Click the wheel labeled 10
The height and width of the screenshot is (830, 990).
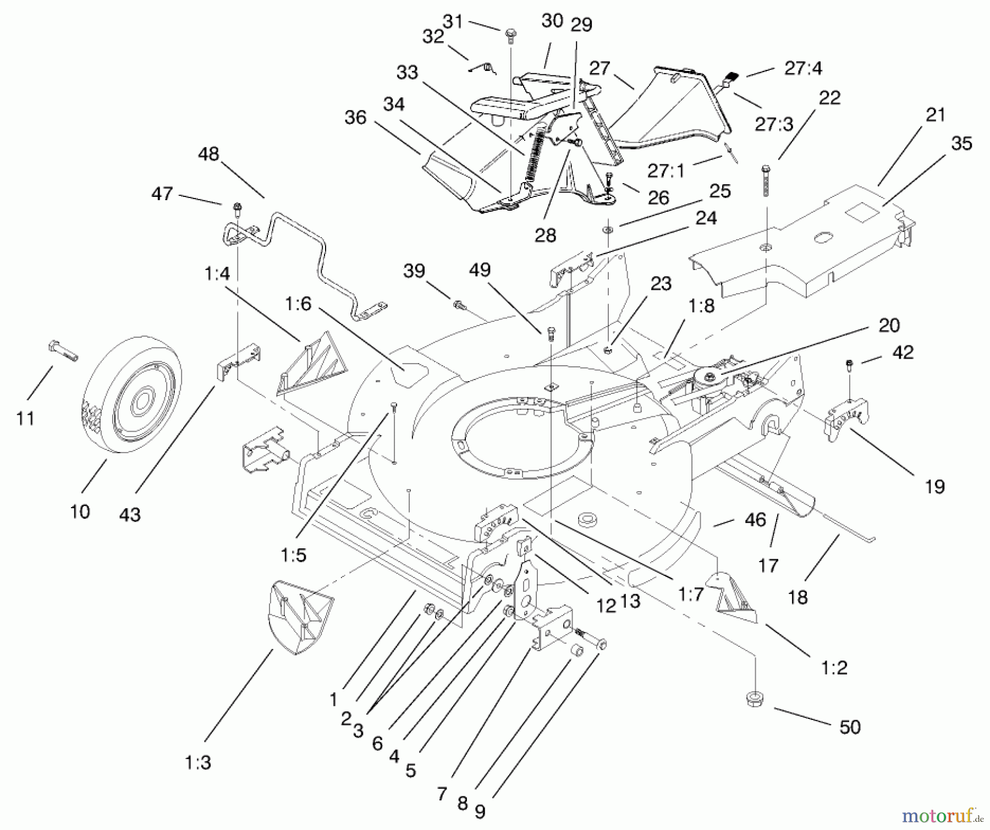(x=132, y=394)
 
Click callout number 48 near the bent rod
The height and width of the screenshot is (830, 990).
(x=208, y=154)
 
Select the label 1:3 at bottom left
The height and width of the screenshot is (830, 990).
(x=197, y=763)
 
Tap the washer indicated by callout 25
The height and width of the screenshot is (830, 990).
(x=608, y=229)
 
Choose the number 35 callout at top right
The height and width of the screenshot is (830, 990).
(x=961, y=143)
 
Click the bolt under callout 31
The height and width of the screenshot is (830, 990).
(x=510, y=35)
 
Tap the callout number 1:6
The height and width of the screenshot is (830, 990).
(x=298, y=304)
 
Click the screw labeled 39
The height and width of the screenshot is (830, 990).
(x=458, y=304)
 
